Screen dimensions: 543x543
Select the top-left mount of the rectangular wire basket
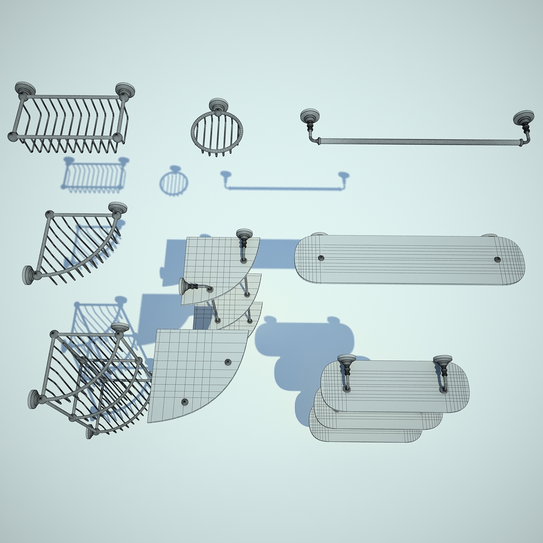pos(25,89)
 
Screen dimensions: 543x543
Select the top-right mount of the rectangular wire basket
pos(125,90)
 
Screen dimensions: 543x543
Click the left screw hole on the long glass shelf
pos(321,258)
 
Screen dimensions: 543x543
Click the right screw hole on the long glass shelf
pos(497,259)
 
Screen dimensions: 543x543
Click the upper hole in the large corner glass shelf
pos(228,362)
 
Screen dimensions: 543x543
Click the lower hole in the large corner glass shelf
pos(185,401)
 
